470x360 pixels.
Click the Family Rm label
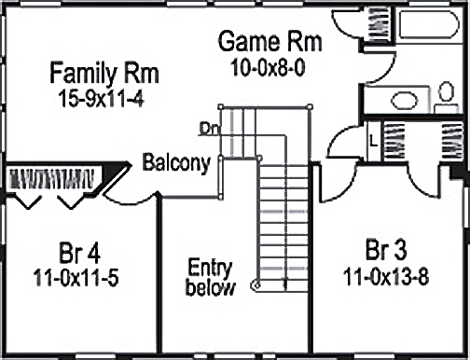point(104,73)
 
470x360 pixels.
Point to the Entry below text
point(211,277)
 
